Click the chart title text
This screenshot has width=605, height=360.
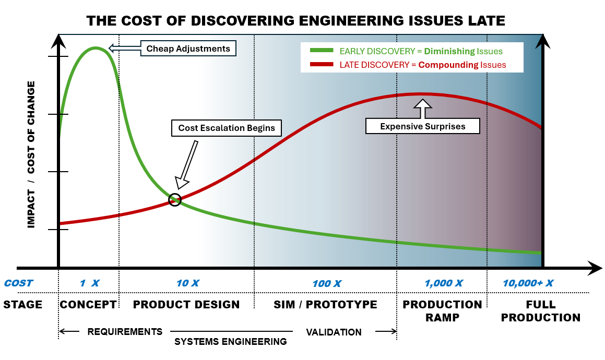(295, 21)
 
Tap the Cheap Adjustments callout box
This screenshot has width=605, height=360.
(188, 49)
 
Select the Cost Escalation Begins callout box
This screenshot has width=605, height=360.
(227, 128)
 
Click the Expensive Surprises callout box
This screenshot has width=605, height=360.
(422, 126)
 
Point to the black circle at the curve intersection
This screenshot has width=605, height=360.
(175, 200)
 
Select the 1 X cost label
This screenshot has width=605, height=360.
(89, 283)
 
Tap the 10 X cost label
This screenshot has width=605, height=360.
(187, 283)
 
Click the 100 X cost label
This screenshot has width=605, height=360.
(327, 284)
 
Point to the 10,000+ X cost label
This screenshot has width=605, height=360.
(528, 283)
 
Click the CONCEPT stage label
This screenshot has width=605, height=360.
(88, 305)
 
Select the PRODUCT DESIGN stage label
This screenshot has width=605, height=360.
(186, 305)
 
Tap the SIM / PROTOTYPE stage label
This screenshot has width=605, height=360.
(325, 305)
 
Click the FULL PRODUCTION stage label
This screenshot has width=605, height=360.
(540, 311)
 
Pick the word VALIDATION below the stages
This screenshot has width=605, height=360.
(334, 332)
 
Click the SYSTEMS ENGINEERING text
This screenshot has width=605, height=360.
(230, 342)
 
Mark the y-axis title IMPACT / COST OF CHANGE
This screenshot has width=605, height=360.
(32, 154)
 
